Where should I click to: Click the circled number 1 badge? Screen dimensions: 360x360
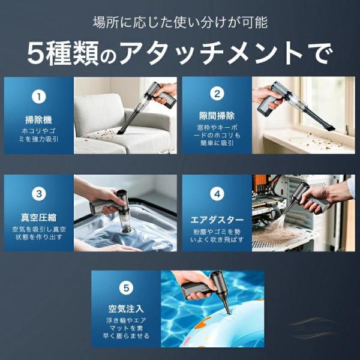click(39, 97)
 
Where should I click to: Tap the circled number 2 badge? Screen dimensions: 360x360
click(217, 94)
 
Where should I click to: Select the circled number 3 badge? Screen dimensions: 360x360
click(39, 194)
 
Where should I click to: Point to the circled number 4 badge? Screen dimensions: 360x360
click(217, 194)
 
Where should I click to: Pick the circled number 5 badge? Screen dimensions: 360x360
click(126, 288)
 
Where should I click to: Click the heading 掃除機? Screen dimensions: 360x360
click(38, 120)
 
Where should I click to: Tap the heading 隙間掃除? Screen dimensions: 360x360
click(217, 116)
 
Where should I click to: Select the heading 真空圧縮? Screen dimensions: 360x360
click(38, 217)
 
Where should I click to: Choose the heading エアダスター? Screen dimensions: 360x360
click(217, 220)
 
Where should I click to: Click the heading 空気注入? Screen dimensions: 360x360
click(126, 309)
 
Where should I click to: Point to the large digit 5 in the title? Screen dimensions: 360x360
click(35, 54)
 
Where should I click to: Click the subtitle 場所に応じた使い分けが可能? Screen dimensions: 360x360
click(180, 23)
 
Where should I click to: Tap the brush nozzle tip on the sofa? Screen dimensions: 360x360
click(121, 131)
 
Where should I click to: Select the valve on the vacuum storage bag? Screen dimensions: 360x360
click(125, 230)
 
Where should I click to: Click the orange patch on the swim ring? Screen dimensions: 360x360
click(203, 322)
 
